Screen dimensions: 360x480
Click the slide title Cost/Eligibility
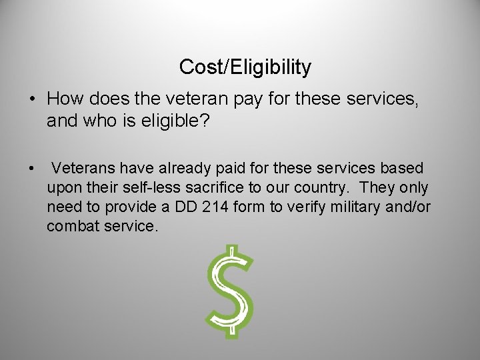245,67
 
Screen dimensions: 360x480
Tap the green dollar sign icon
230,291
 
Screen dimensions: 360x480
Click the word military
357,207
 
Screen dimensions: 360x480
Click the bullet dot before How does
31,99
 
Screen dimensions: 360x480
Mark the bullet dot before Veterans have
31,168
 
